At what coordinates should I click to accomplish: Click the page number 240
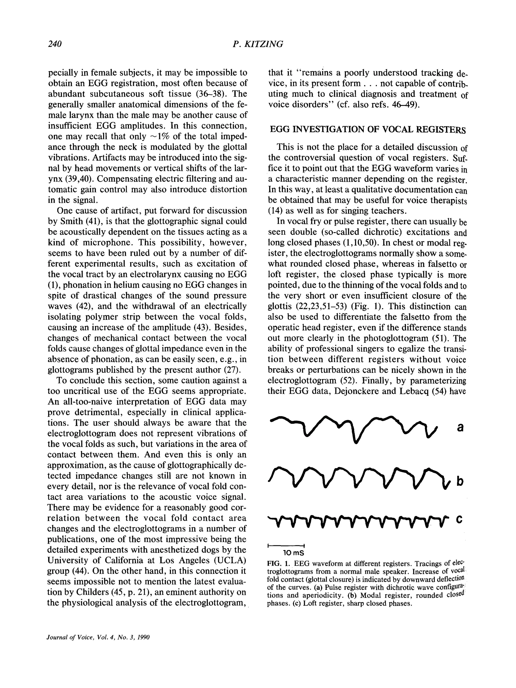coord(55,44)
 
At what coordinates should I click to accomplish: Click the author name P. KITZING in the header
coord(258,44)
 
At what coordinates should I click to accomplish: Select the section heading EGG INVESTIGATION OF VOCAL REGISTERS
coord(368,130)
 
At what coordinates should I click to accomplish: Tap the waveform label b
coord(460,482)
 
